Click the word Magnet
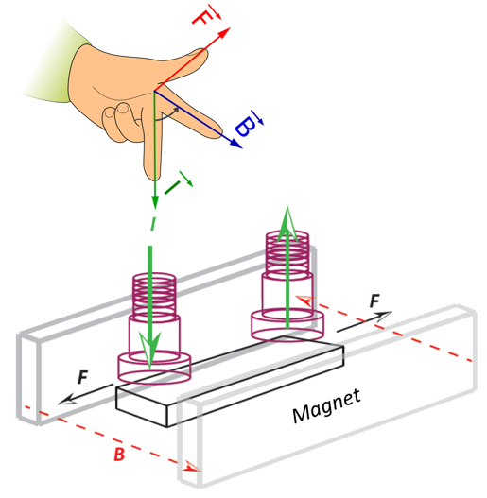tap(326, 406)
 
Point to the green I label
tap(178, 183)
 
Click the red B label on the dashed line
tap(119, 454)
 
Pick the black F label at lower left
tap(82, 377)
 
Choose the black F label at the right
tap(374, 301)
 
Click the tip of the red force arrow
tap(230, 28)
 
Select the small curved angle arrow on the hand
tap(165, 115)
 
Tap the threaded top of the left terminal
tap(154, 294)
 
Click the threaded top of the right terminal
tap(287, 253)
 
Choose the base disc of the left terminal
tap(154, 368)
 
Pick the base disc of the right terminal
tap(287, 325)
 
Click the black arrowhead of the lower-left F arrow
tap(67, 400)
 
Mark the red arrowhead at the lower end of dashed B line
tap(193, 466)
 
